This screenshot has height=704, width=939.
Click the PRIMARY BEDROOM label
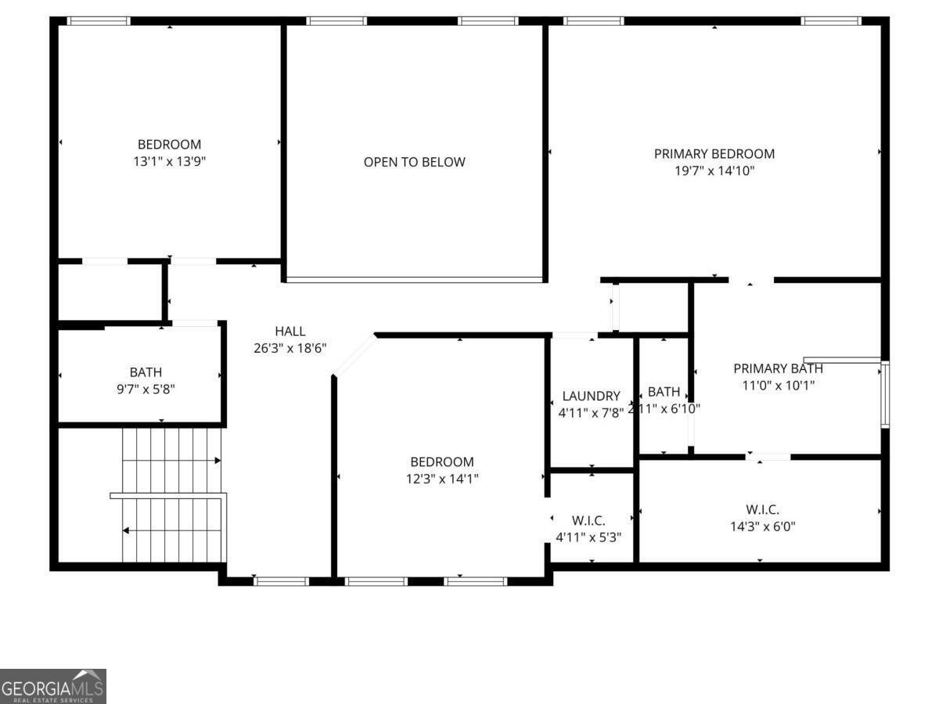714,154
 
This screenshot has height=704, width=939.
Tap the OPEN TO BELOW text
414,162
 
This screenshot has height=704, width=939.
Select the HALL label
290,332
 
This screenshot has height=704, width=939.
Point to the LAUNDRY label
591,397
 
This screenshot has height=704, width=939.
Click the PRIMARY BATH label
778,368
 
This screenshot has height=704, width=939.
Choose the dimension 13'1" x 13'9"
169,161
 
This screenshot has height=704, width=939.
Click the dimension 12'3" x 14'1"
442,479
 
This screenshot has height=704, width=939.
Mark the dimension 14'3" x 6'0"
762,526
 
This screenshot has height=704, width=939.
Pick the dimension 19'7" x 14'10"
714,171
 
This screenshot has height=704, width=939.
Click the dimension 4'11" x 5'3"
588,537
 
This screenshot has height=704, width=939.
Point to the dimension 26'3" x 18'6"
290,348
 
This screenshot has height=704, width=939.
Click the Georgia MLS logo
52,686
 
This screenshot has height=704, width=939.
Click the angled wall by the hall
354,355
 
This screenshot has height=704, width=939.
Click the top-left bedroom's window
99,21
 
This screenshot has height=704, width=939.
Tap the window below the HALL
282,581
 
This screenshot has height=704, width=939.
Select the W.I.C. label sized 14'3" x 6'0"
762,510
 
